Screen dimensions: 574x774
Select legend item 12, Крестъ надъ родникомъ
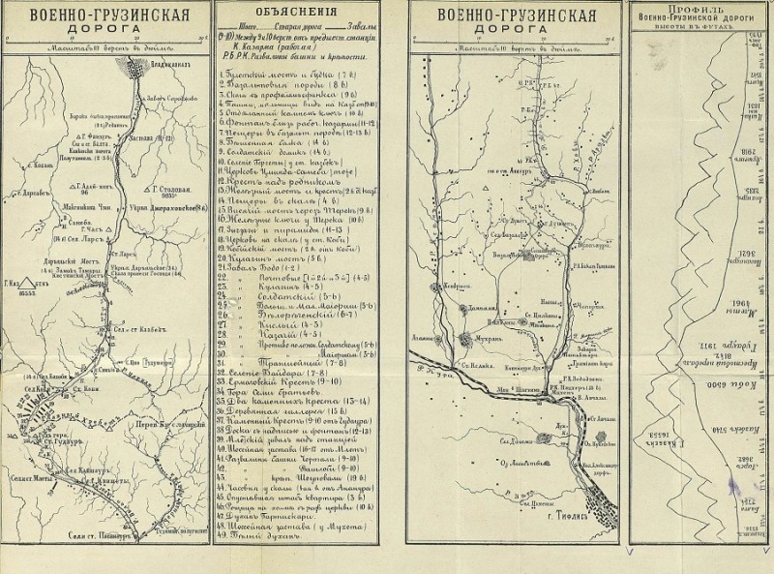[276, 185]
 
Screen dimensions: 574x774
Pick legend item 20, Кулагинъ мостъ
[268, 259]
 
